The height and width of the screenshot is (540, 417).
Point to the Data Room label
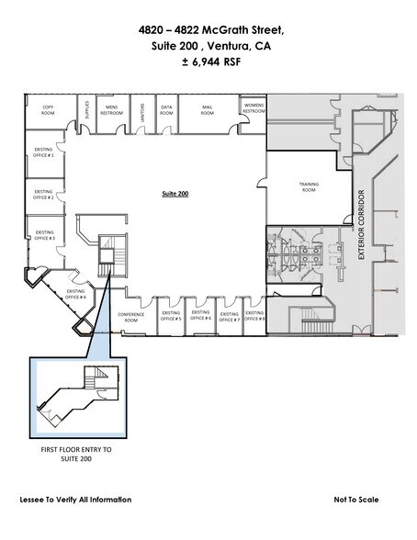(166, 109)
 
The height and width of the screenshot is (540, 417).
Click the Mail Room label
(208, 109)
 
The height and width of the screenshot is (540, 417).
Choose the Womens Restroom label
(254, 109)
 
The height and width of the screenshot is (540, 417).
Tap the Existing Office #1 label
(44, 153)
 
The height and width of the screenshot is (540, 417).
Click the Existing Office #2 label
(44, 196)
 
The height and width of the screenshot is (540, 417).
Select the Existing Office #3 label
(44, 235)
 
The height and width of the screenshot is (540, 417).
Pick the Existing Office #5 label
(171, 316)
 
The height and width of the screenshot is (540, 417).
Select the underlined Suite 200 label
(175, 194)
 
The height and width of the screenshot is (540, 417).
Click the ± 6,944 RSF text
(208, 66)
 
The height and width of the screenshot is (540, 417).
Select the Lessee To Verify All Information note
(75, 500)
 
